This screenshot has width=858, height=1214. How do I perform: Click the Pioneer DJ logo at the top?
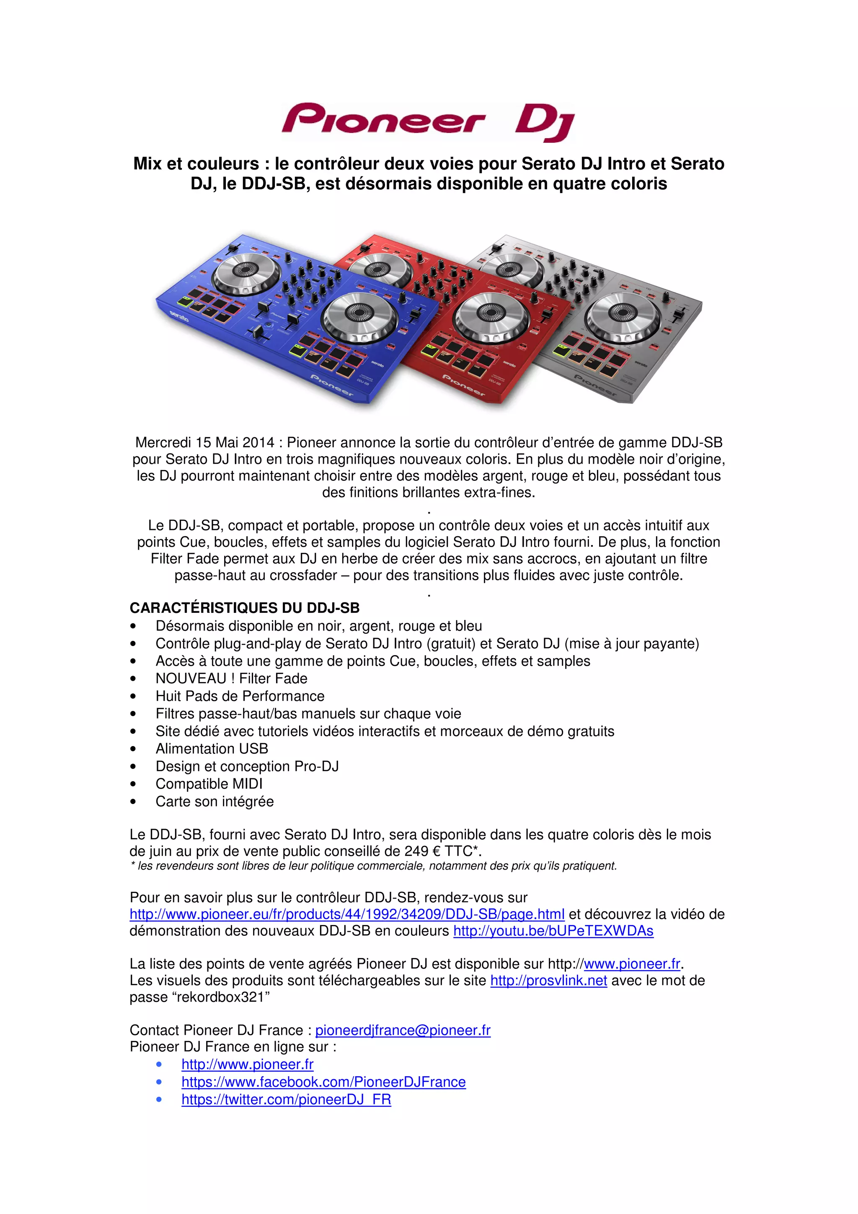coord(428,122)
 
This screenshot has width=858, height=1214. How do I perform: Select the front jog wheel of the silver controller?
coord(624,315)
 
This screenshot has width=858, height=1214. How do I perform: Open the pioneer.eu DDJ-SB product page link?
coord(347,914)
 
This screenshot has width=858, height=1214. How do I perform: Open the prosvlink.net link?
coord(548,980)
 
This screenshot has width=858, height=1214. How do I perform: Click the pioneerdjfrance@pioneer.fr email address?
coord(403,1030)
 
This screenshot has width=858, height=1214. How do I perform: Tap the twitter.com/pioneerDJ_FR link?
coord(286,1099)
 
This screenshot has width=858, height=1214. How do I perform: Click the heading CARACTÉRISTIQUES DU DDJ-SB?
coord(244,608)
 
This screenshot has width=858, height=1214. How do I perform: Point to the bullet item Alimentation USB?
coord(212,749)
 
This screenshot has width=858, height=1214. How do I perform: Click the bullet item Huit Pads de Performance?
coord(240,696)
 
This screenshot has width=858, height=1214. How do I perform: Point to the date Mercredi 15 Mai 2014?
coord(205,442)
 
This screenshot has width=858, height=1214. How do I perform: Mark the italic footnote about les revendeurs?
coord(373,866)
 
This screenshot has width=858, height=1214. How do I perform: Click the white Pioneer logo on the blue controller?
coord(331,385)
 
